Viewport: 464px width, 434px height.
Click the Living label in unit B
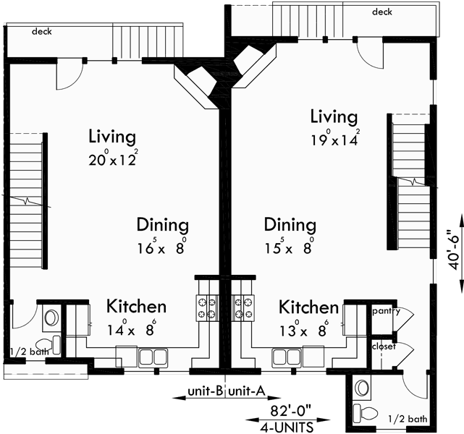(112, 136)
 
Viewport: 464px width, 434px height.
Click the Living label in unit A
(334, 116)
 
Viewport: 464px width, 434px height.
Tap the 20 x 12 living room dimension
(112, 160)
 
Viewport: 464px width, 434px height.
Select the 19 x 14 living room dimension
(334, 140)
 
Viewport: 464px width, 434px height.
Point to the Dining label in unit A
(290, 224)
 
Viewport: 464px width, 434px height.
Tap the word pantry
(385, 311)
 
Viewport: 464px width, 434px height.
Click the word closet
(384, 346)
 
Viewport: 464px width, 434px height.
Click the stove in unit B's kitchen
(206, 307)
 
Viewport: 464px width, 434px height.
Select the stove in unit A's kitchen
(242, 307)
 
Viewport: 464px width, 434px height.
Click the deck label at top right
(381, 12)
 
